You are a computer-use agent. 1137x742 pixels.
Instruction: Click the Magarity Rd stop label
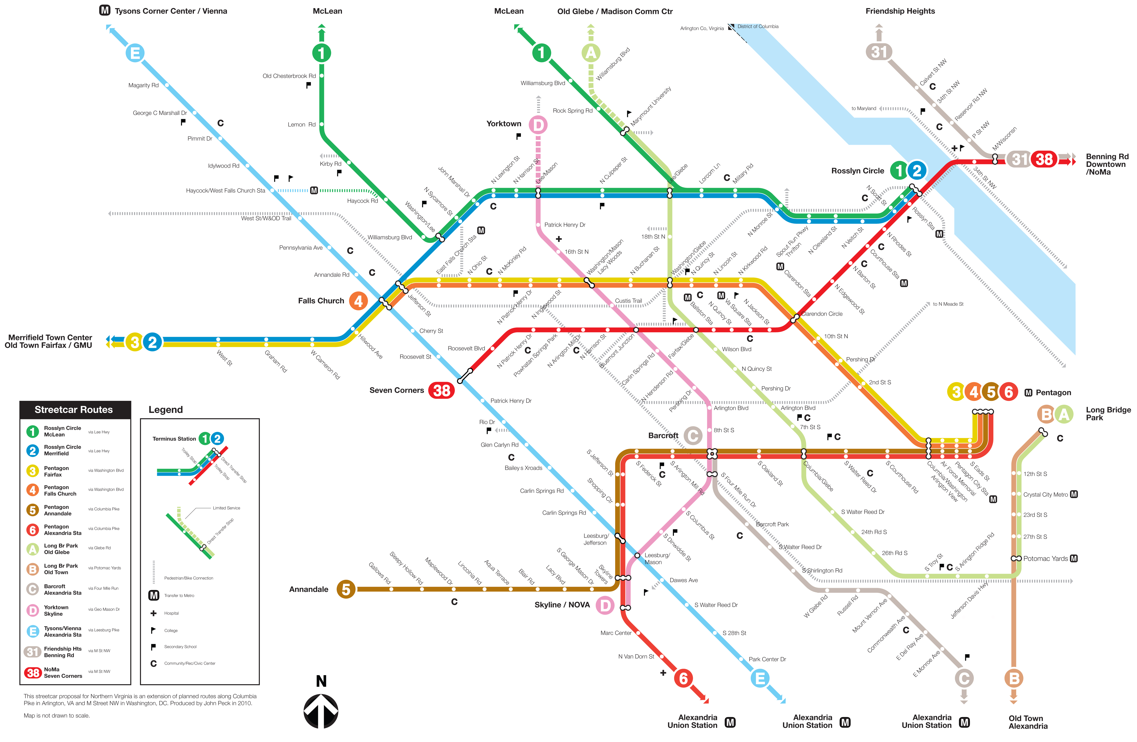143,85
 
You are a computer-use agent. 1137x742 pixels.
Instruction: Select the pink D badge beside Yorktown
538,125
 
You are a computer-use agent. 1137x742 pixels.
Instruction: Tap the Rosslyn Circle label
858,171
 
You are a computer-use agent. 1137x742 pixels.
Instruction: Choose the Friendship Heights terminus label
900,11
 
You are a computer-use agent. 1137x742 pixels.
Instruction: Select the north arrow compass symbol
321,711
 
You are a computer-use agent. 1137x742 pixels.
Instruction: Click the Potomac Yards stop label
1045,558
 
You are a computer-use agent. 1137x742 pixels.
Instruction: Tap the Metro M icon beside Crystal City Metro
1074,495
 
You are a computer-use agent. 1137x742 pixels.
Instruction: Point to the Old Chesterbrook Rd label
289,76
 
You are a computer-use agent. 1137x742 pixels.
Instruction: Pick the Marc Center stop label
616,633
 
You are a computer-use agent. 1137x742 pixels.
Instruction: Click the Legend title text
165,409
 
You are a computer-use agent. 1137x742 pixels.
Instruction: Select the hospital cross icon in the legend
153,613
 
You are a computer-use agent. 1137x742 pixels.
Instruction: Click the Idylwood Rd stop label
224,166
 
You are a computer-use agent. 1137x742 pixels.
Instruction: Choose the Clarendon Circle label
822,314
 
